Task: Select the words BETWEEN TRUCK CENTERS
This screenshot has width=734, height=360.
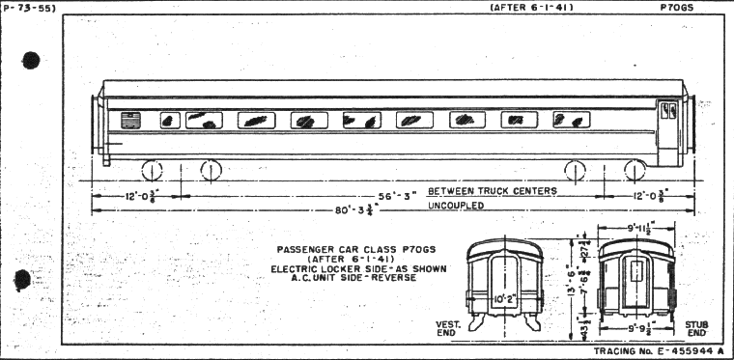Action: coord(493,191)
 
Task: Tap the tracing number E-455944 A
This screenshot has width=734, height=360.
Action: coord(659,352)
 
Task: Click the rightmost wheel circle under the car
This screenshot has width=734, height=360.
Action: coord(635,171)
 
